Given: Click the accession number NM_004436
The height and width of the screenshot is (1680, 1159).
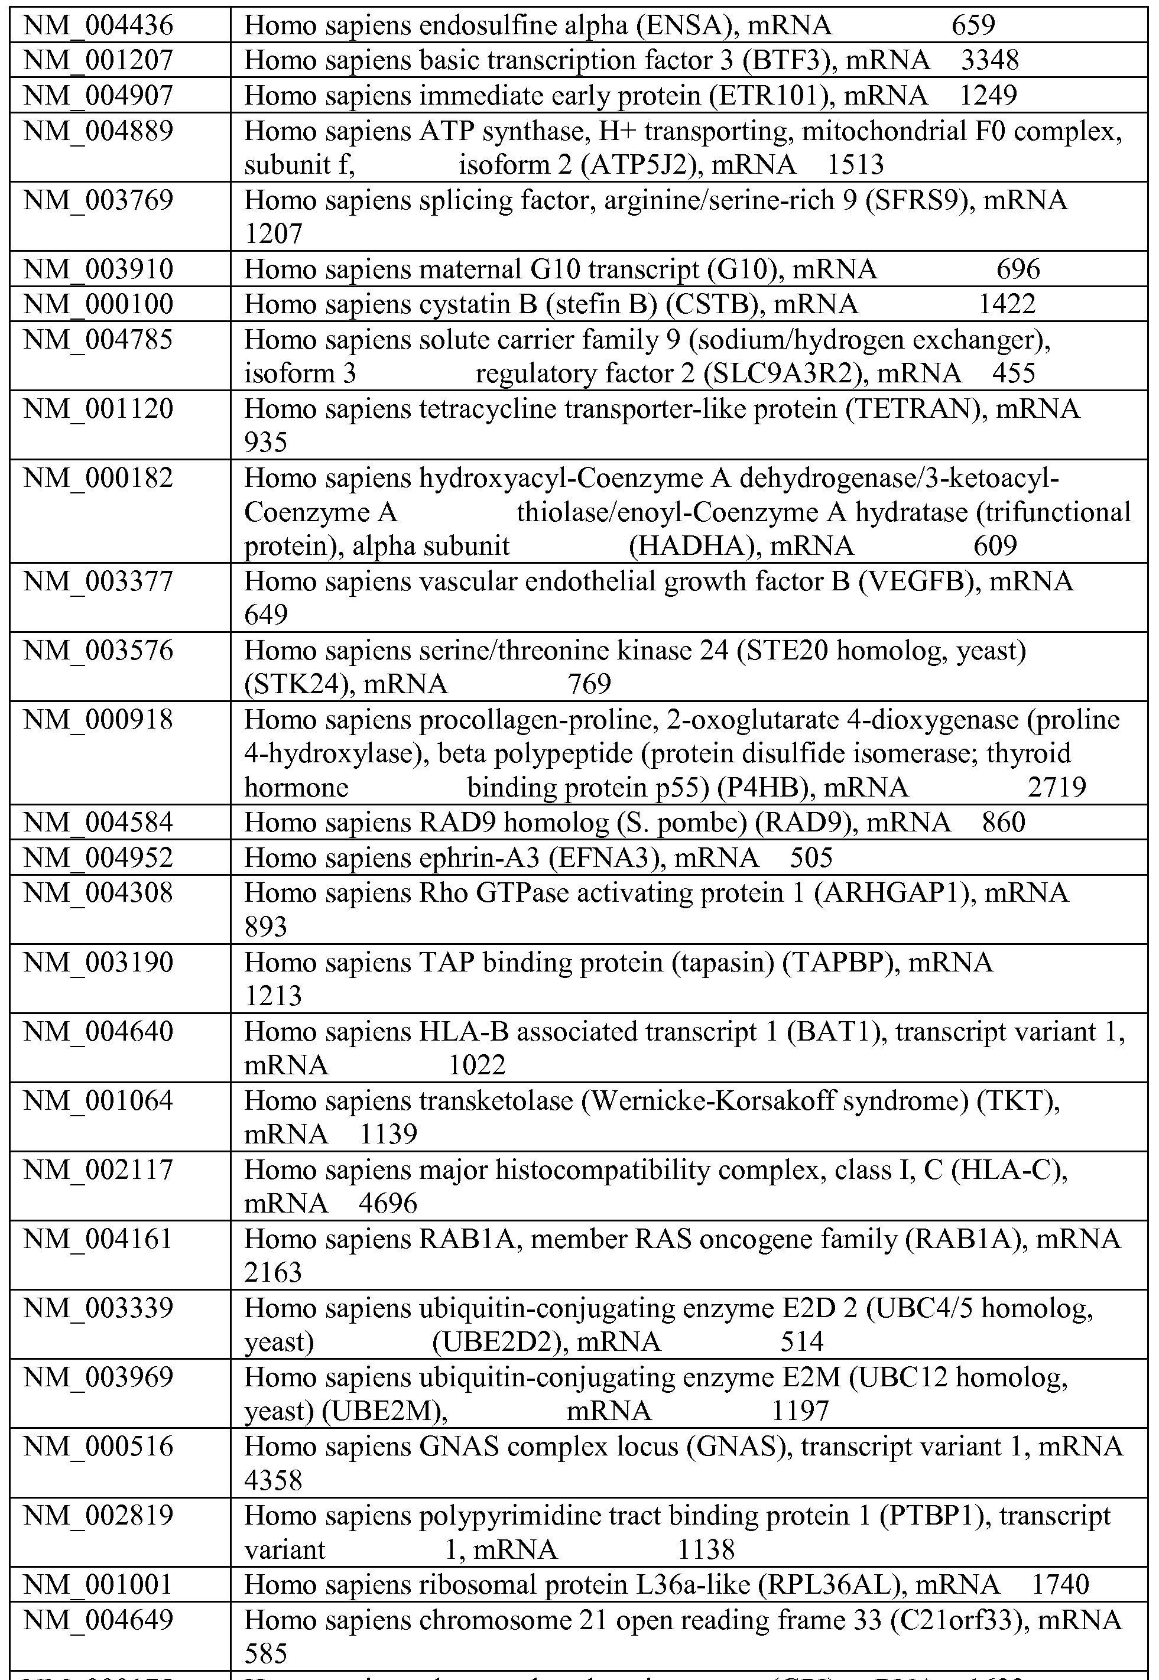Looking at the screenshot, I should click(99, 26).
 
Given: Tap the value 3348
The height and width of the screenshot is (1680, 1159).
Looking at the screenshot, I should click(990, 60).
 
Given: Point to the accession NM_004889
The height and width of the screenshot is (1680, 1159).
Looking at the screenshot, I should click(99, 131).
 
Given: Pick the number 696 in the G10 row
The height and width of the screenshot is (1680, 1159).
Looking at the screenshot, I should click(1018, 270).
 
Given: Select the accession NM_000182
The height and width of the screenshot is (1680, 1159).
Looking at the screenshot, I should click(99, 479).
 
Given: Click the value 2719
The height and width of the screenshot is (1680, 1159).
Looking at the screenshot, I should click(1057, 788).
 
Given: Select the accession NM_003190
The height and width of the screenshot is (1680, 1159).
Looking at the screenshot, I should click(99, 963).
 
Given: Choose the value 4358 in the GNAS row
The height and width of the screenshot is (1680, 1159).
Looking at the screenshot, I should click(273, 1480).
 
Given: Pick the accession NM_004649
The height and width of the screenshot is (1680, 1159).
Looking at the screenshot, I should click(99, 1620).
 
